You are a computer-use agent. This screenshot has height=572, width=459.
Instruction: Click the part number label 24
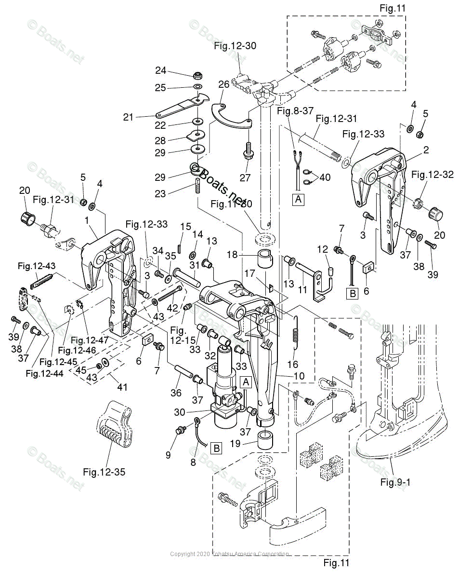(x=160, y=71)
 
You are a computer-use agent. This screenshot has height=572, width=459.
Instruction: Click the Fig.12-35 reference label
(x=104, y=472)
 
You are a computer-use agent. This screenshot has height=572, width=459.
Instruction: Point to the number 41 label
(x=123, y=387)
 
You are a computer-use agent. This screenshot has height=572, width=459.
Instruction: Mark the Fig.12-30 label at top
(x=235, y=46)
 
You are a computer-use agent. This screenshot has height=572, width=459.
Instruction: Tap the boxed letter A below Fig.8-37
(x=299, y=199)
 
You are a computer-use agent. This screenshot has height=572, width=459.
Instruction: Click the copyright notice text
(x=229, y=555)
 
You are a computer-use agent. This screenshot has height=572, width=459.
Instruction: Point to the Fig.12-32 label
(x=432, y=175)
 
